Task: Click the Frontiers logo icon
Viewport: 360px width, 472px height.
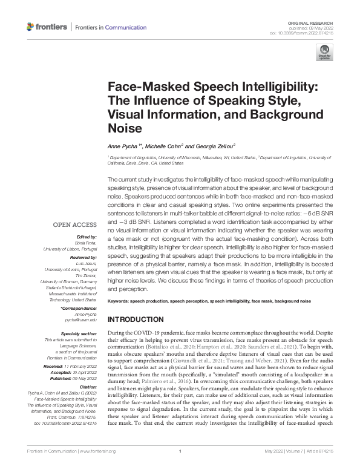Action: (x=31, y=27)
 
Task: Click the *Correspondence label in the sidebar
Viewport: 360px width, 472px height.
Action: (x=79, y=309)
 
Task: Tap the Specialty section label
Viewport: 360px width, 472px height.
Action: (x=79, y=333)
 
